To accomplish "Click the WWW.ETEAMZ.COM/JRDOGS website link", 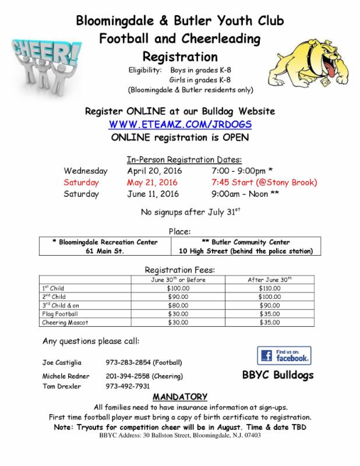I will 180,124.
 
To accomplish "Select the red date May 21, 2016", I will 153,182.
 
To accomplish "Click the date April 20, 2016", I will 154,171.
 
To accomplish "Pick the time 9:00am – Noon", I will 244,193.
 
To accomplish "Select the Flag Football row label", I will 57,313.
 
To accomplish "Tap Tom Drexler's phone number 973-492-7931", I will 128,386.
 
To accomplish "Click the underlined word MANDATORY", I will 179,397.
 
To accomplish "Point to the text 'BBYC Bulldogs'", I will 277,375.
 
